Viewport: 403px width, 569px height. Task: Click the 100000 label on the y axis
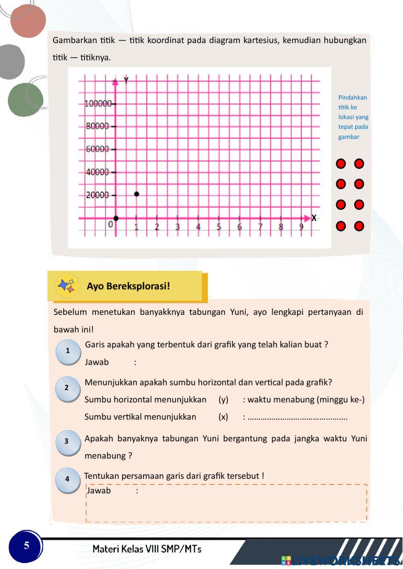point(98,103)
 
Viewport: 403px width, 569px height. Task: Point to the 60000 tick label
point(98,149)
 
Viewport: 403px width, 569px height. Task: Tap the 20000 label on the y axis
point(98,195)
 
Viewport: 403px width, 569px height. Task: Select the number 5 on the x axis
point(219,227)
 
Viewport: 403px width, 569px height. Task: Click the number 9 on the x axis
point(301,227)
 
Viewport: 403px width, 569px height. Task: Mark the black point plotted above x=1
point(137,194)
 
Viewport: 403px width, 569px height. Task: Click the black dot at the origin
point(116,218)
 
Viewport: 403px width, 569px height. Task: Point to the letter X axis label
point(314,218)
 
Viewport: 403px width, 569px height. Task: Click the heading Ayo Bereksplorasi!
point(128,286)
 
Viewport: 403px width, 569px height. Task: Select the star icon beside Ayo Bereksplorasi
point(66,286)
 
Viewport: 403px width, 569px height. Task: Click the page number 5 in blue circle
point(26,546)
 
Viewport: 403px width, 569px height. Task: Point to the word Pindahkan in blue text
point(353,97)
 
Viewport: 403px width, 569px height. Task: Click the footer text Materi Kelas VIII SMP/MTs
point(147,549)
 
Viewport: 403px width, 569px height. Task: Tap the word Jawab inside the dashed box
point(99,490)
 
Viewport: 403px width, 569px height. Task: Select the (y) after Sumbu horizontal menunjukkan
point(223,399)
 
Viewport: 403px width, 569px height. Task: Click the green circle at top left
point(25,100)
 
